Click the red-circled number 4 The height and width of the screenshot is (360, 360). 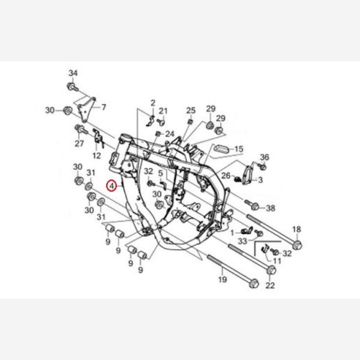pos(112,186)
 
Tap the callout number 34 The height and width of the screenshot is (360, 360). pos(73,73)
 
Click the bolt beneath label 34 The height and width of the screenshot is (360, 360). pos(73,87)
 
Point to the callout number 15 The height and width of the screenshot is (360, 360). pos(239,149)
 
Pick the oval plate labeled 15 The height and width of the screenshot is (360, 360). pos(221,149)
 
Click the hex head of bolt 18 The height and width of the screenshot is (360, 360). pos(298,245)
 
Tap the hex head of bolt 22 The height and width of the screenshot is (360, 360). pos(271,270)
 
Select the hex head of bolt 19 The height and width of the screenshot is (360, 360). pos(254,283)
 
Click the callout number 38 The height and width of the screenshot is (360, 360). pos(271,208)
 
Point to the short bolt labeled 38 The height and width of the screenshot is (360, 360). pos(252,205)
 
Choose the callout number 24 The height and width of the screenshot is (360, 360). pos(170,134)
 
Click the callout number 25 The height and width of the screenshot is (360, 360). pos(191,110)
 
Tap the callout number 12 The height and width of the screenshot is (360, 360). pos(97,155)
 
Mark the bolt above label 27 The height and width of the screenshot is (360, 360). pos(80,130)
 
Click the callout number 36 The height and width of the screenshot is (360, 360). pos(264,157)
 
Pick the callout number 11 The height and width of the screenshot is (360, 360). pos(277,261)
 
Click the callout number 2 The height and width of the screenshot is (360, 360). pos(153,103)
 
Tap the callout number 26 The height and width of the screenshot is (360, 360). pos(226,176)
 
